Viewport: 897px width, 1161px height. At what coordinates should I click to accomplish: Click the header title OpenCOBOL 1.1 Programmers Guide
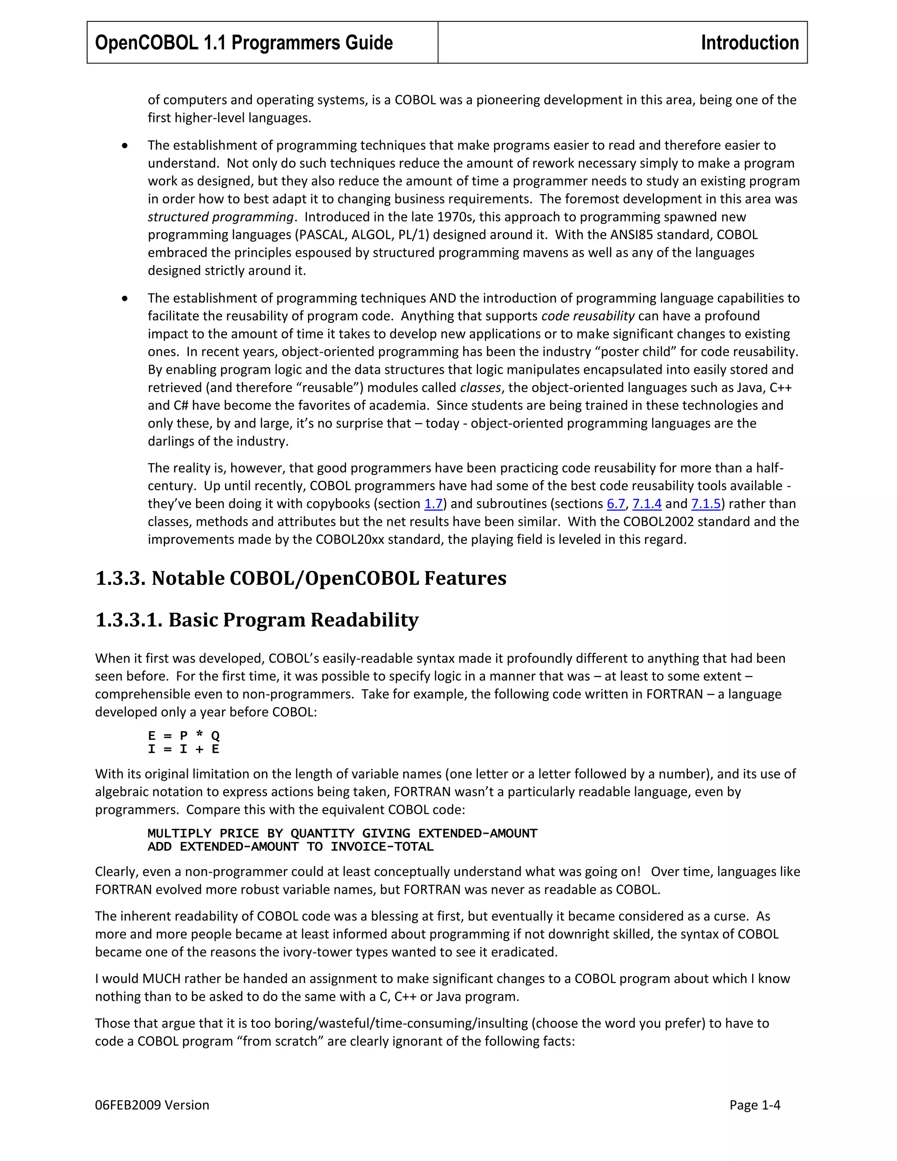point(244,42)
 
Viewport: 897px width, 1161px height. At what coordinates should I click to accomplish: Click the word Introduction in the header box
point(749,42)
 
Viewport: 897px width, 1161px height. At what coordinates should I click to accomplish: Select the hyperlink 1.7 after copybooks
point(433,503)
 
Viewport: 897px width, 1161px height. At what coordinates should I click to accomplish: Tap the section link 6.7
point(615,503)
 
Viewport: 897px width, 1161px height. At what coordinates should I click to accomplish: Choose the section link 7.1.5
point(705,503)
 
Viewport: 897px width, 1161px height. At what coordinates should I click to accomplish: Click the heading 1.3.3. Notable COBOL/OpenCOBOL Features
point(301,578)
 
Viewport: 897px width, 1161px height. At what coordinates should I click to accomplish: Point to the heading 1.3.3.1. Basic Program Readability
point(257,619)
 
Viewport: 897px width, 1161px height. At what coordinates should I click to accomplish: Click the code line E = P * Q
point(184,735)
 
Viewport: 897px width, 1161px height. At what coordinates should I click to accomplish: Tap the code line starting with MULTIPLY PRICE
point(342,833)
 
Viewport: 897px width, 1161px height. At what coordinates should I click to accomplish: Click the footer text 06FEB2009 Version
point(152,1104)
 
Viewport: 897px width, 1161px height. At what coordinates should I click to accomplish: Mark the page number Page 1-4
point(754,1104)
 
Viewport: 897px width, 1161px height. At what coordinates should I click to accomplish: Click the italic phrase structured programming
point(220,217)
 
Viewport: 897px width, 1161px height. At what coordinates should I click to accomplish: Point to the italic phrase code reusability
point(587,316)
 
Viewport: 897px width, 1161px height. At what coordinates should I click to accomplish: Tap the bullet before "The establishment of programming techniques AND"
point(124,298)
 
